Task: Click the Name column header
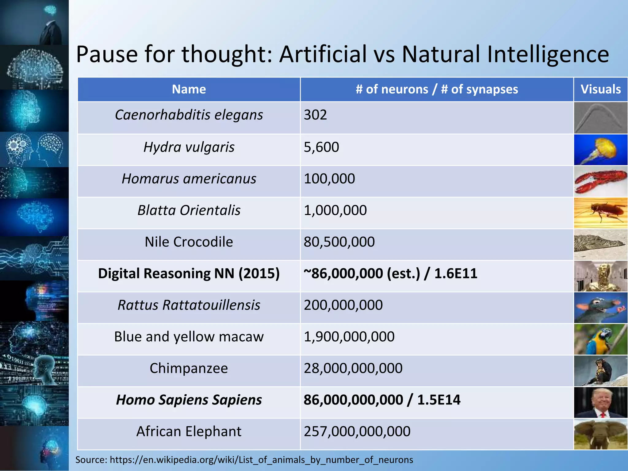(189, 89)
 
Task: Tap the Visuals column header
(600, 89)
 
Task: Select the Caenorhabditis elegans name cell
(189, 115)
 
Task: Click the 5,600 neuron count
(321, 147)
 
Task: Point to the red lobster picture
(600, 182)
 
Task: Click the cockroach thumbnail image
(600, 213)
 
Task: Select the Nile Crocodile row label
(189, 242)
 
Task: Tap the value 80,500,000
(339, 242)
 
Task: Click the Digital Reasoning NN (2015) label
(189, 274)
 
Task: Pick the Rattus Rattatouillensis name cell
(189, 305)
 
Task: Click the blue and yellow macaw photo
(600, 339)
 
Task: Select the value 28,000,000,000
(353, 368)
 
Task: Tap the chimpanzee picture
(600, 371)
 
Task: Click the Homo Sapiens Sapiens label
(189, 400)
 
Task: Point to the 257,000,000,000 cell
(357, 431)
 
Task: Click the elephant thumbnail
(600, 434)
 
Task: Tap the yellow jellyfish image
(600, 150)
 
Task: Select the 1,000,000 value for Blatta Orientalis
(335, 210)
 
